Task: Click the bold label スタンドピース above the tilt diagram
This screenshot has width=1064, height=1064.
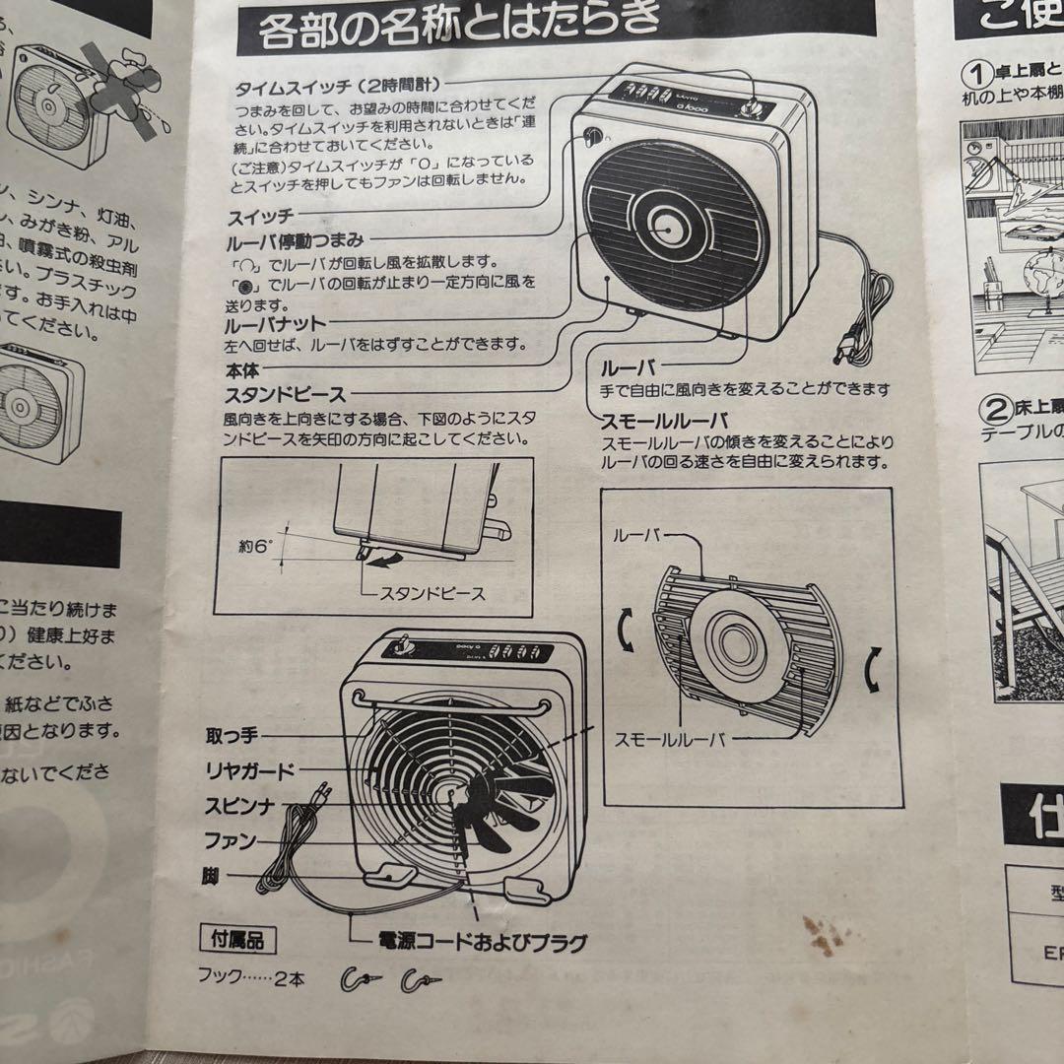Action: click(286, 395)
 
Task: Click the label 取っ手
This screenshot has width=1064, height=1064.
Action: click(231, 736)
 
